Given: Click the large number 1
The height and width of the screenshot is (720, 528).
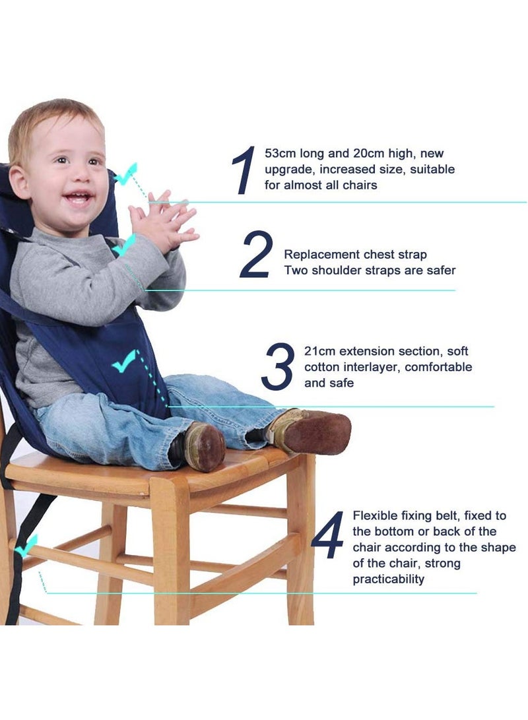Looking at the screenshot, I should coord(244,170).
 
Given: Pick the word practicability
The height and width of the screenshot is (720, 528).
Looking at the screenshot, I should coord(388,579).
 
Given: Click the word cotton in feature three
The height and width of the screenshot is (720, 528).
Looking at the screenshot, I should coord(322,367).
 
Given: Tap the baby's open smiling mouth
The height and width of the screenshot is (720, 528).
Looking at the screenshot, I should coord(79,197).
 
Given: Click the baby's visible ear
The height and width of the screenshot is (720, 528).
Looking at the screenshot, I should coord(20,181).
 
